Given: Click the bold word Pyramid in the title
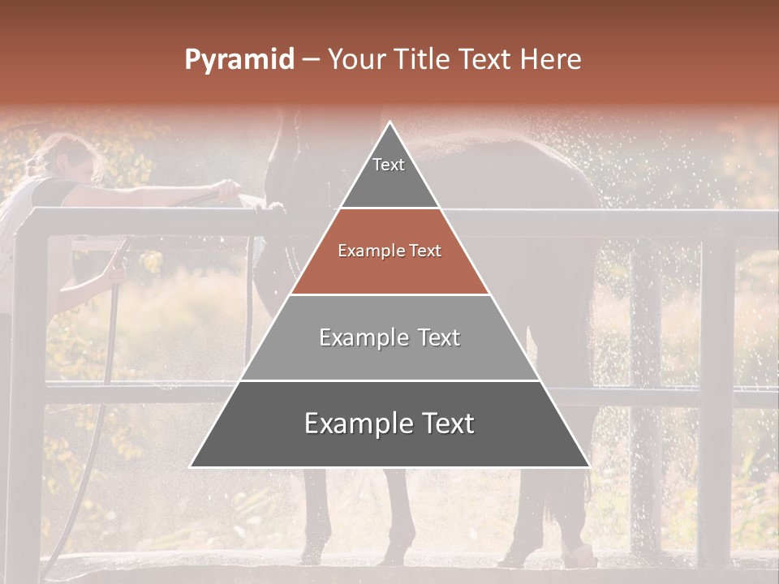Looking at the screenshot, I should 239,60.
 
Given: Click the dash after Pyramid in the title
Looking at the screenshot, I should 311,60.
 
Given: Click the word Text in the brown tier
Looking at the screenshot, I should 425,251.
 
